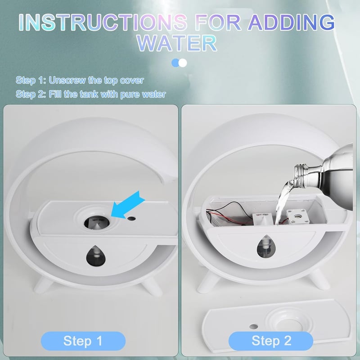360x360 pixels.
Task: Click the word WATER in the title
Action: click(177, 43)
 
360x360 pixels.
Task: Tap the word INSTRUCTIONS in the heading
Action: click(103, 22)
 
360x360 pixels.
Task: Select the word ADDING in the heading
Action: click(291, 22)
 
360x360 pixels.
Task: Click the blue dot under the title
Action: click(175, 63)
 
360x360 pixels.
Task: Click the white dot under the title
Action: click(183, 63)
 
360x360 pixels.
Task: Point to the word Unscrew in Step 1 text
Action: click(67, 81)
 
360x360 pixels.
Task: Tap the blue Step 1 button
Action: click(83, 341)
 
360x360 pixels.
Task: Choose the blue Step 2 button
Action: click(271, 341)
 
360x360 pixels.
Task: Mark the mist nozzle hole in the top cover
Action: click(96, 223)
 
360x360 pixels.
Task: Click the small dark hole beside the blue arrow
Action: click(131, 218)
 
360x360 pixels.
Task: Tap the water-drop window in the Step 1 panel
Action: click(96, 256)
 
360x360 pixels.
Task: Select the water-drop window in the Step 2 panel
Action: click(265, 247)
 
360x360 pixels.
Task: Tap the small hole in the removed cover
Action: click(253, 327)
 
